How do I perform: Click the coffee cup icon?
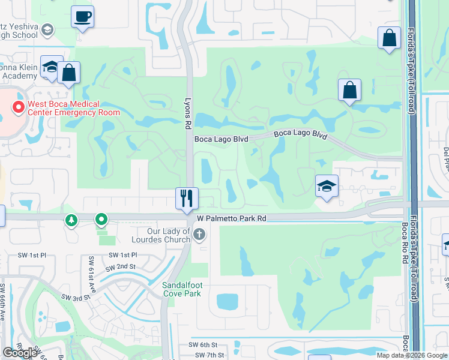[82, 16]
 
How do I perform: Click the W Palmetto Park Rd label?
[231, 219]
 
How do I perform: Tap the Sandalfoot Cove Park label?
[185, 289]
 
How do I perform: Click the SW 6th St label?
[202, 344]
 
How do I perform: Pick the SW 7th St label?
[211, 355]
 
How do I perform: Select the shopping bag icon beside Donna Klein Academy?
[70, 73]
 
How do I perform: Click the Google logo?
[20, 353]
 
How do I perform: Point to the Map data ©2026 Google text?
[412, 355]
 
